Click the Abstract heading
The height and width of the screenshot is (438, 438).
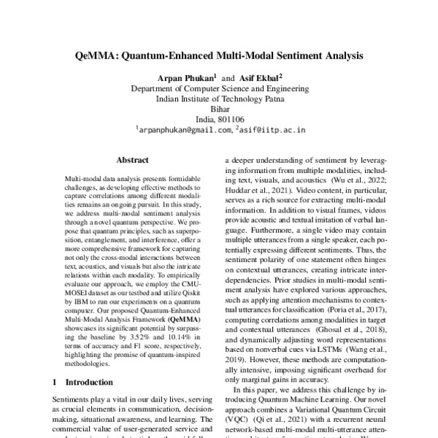[x=134, y=158]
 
